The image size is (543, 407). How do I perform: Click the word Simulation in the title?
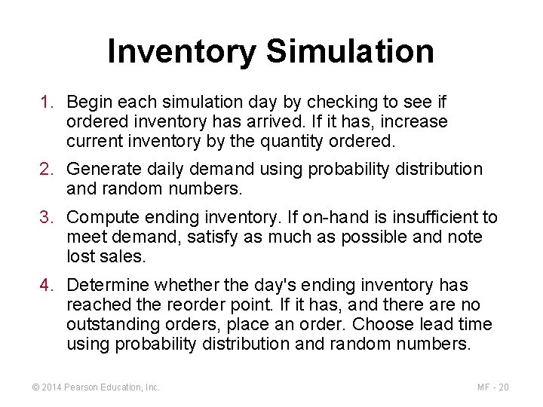[x=350, y=51]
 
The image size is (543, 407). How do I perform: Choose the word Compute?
[x=98, y=218]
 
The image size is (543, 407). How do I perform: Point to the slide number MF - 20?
[x=493, y=387]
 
